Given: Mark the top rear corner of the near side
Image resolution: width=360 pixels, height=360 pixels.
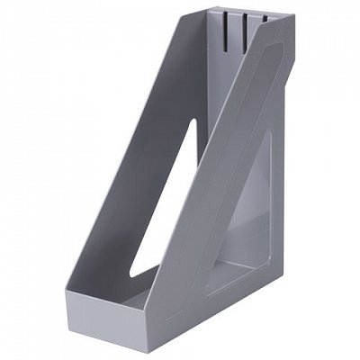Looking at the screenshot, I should coord(292,15).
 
